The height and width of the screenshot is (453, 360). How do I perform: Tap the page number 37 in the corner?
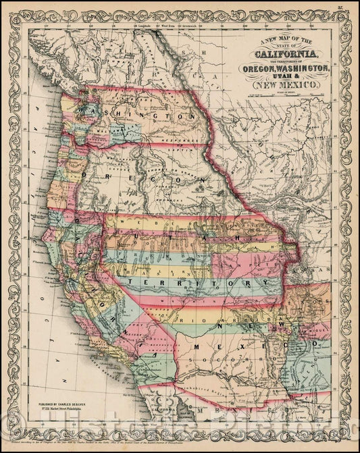click(344, 10)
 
